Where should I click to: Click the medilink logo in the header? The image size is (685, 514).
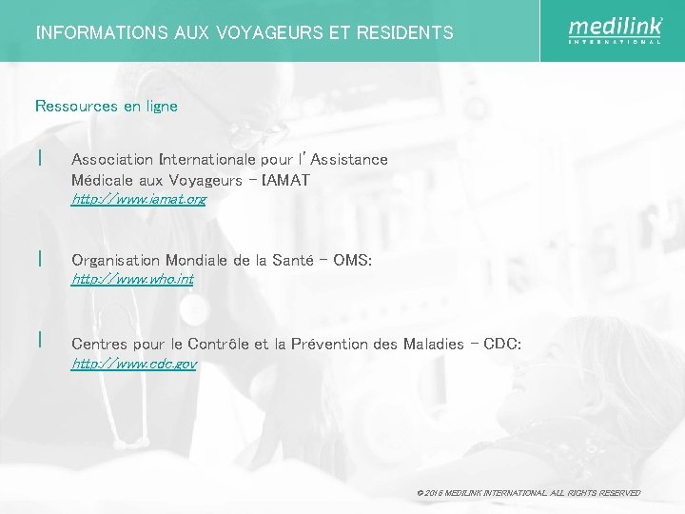coord(615,30)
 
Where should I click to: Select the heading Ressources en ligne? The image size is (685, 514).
coord(107,107)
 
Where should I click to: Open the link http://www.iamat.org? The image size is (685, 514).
coord(139,200)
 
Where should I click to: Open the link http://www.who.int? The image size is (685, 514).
coord(133,279)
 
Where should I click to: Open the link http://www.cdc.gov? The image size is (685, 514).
coord(134,364)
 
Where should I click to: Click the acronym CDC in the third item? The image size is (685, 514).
coord(500,344)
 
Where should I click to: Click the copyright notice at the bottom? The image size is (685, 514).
coord(528,493)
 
